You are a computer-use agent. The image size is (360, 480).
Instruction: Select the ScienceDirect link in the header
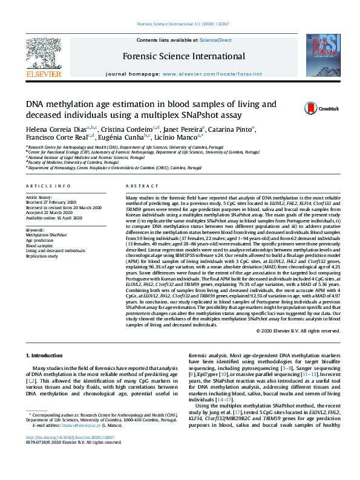(216, 40)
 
